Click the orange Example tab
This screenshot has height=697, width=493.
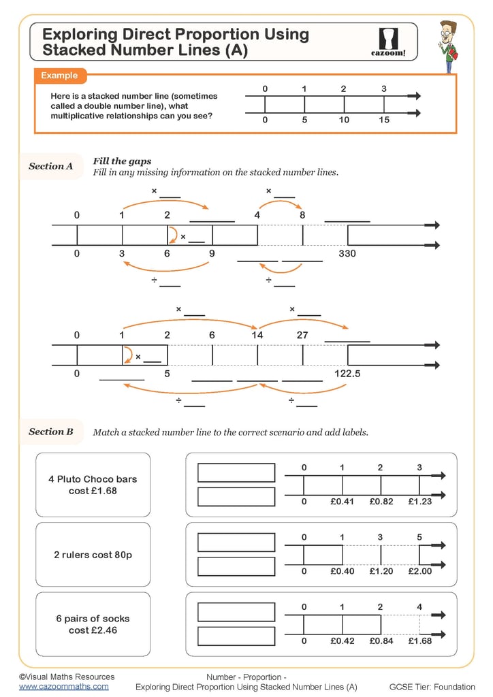tap(59, 76)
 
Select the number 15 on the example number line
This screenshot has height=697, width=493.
tap(384, 120)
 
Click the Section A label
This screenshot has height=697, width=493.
tap(50, 166)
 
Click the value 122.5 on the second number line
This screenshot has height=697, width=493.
tap(347, 374)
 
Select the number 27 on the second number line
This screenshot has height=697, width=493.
tap(302, 335)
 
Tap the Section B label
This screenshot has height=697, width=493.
tap(50, 432)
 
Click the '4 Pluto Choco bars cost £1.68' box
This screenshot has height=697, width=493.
tap(93, 485)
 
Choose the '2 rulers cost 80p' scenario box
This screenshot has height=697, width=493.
tap(93, 555)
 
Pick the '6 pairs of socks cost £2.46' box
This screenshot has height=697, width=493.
tap(93, 624)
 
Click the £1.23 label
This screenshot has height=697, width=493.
tap(420, 501)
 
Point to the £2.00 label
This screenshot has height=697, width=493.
tap(420, 571)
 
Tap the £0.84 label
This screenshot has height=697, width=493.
tap(381, 641)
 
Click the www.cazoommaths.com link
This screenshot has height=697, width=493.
tap(63, 687)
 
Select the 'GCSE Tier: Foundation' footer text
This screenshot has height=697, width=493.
tap(432, 687)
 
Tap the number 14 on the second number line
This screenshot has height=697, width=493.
tap(257, 335)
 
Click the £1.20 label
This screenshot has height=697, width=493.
tap(381, 571)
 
